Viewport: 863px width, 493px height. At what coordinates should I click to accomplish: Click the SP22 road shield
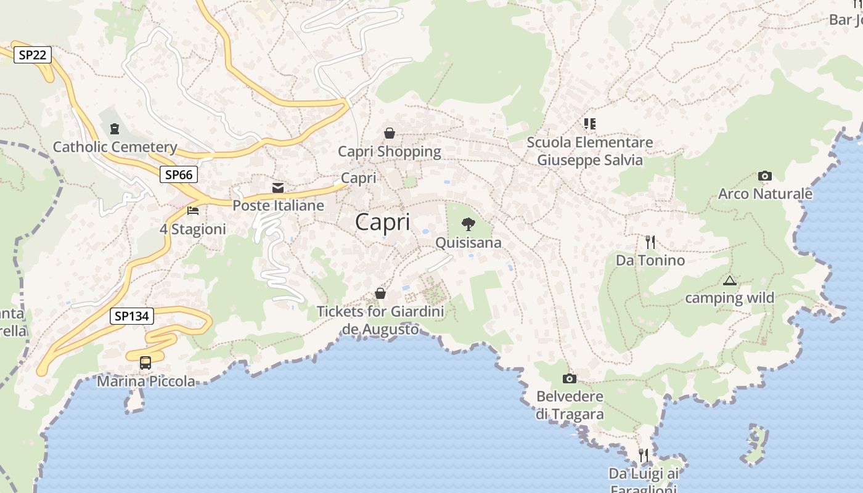[32, 55]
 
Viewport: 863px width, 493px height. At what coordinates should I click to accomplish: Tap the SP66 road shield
[179, 174]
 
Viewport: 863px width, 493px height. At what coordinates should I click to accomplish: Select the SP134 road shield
[132, 316]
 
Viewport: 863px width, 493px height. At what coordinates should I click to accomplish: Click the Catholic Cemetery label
[115, 147]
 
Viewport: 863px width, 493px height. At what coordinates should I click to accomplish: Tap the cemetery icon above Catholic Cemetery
[114, 129]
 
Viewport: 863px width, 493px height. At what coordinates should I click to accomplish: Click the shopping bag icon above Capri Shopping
[390, 133]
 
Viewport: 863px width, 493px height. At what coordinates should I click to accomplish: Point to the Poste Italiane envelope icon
[278, 187]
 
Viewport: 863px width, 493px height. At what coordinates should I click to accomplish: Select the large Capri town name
[382, 222]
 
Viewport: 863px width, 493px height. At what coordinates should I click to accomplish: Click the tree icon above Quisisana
[468, 224]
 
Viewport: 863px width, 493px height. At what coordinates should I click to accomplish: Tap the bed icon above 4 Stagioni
[193, 211]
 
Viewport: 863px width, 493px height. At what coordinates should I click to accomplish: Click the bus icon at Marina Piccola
[145, 363]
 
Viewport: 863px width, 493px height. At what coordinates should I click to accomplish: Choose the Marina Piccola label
[146, 381]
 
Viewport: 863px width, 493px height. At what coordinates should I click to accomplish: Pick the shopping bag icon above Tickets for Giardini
[380, 293]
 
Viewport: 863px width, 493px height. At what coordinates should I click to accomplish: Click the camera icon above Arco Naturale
[765, 176]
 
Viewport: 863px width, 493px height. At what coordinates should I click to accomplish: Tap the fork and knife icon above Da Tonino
[650, 242]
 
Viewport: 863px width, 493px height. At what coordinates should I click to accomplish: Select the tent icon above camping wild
[730, 280]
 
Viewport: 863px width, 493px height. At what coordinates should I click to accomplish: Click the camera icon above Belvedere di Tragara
[570, 378]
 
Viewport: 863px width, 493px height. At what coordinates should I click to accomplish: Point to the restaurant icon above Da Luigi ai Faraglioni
[643, 455]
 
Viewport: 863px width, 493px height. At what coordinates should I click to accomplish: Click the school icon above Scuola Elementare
[590, 124]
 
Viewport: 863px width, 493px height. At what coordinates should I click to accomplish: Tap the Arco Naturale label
[765, 194]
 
